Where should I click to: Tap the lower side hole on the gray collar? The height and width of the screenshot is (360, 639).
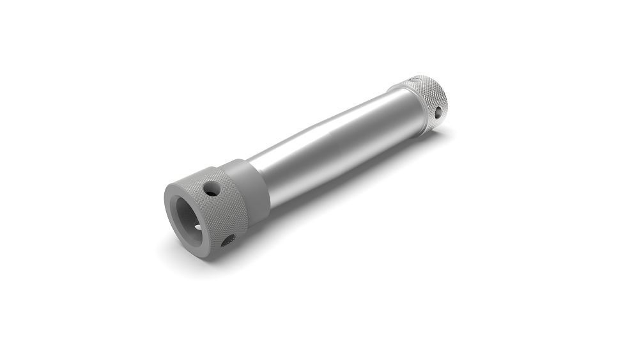227,241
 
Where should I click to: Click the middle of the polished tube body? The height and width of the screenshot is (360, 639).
332,144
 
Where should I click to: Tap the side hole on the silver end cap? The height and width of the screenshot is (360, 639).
438,112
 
